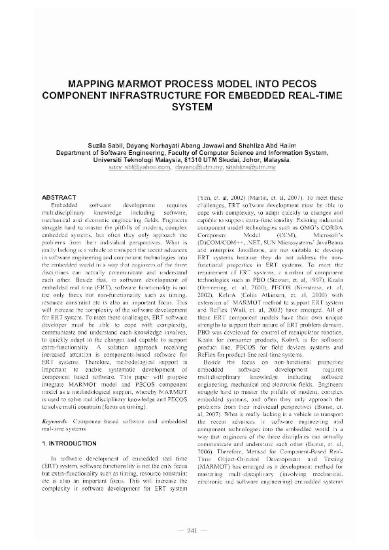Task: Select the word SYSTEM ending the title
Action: click(195, 107)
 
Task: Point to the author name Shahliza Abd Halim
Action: click(268, 145)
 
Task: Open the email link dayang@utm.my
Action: click(197, 167)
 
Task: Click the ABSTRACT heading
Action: click(59, 197)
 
